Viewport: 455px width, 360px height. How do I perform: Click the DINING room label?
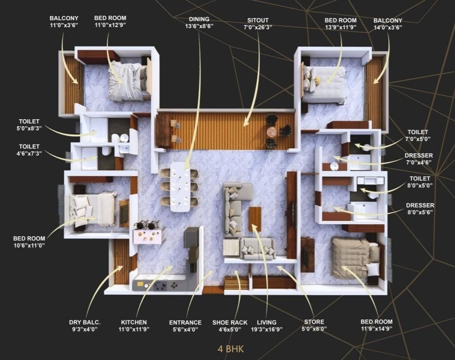[199, 19]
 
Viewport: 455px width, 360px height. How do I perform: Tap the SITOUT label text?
[258, 20]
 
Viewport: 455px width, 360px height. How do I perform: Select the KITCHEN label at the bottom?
[134, 322]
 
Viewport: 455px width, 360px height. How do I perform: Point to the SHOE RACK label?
[230, 322]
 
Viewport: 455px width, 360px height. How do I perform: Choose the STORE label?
[314, 322]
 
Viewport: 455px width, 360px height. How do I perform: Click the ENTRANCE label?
[185, 322]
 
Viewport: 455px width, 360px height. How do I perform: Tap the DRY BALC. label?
[85, 322]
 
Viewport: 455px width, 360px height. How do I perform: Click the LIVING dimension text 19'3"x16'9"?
[266, 329]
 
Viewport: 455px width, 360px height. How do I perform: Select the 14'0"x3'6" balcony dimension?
[388, 27]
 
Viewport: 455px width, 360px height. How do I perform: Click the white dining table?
[180, 186]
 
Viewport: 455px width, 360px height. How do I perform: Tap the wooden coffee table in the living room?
[255, 219]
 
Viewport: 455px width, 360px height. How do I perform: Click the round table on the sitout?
[272, 132]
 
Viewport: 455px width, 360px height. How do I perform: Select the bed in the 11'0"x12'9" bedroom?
[127, 81]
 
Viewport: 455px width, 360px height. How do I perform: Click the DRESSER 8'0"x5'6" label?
[419, 205]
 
